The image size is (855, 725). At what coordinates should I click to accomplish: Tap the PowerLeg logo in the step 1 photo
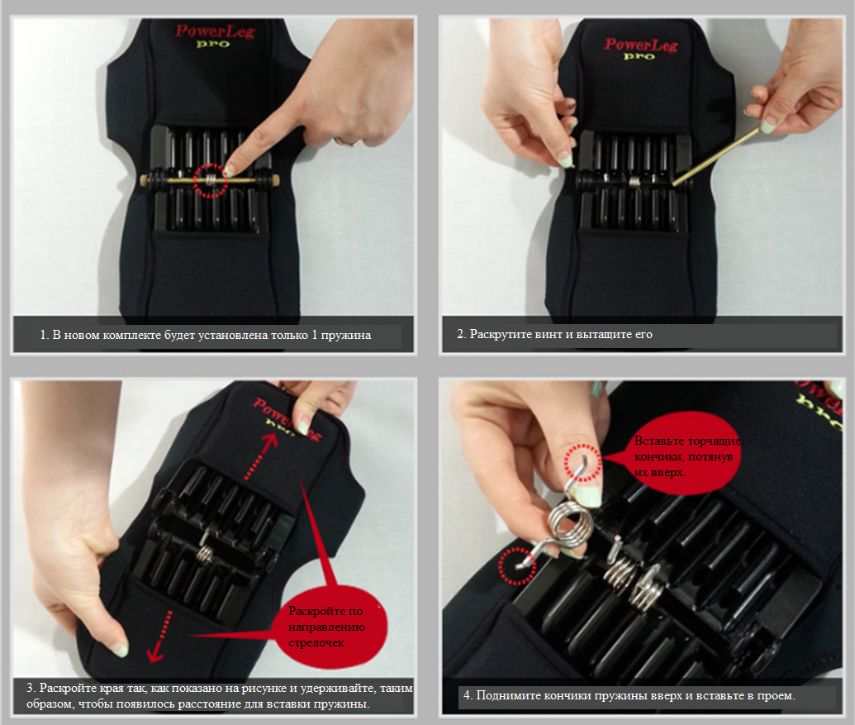tap(215, 36)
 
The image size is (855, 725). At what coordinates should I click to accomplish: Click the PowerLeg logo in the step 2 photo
tap(641, 49)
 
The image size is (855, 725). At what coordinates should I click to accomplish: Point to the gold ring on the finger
tap(348, 142)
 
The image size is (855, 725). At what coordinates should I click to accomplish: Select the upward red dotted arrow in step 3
tap(260, 456)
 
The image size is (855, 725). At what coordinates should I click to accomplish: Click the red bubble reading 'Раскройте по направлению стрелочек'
tap(334, 627)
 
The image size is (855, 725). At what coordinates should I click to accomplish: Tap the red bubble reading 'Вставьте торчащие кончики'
tap(686, 454)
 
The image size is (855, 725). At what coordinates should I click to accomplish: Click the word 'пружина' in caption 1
tap(345, 335)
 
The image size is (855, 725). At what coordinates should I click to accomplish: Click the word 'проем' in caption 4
tap(777, 696)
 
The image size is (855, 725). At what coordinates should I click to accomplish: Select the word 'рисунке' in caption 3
tap(264, 689)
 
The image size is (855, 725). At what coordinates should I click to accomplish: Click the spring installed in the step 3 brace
tap(205, 552)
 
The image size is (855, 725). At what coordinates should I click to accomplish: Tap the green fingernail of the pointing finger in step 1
tap(229, 171)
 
